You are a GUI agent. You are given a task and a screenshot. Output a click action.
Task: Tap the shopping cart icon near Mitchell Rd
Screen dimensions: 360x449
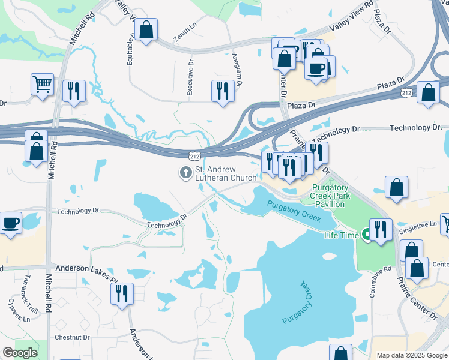tap(43, 85)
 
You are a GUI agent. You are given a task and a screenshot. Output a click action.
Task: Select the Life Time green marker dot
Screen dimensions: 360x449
tap(364, 235)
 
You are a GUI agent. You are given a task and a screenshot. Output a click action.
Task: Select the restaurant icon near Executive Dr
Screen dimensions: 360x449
tap(223, 91)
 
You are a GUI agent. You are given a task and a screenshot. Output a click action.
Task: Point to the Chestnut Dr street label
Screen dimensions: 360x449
tap(72, 337)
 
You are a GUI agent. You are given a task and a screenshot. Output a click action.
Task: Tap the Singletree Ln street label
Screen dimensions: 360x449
tap(422, 225)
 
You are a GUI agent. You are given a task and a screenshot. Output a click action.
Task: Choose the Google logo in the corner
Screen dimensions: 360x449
tap(20, 353)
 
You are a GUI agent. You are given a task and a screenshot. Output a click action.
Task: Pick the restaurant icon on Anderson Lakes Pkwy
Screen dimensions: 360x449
tap(122, 294)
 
